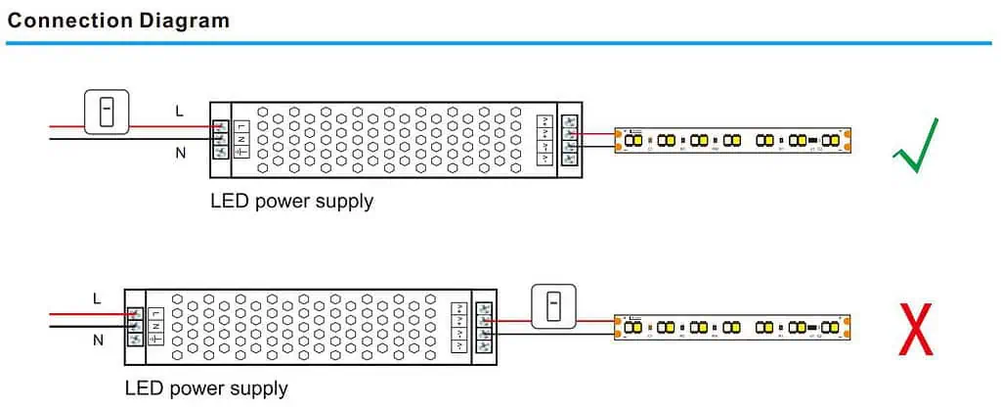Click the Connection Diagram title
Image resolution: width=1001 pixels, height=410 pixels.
[x=118, y=20]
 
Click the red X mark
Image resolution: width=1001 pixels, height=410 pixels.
[x=915, y=329]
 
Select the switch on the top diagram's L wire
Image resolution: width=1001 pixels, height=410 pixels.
[x=107, y=112]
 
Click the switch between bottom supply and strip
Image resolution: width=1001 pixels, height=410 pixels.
[x=553, y=305]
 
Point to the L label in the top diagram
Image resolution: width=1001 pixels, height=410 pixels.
[x=179, y=112]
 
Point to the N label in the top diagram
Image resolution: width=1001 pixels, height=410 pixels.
[x=179, y=152]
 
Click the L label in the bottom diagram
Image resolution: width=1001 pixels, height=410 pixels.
[x=97, y=297]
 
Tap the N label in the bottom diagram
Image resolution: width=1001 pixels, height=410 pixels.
[x=97, y=341]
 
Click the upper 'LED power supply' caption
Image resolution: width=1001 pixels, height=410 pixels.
[x=291, y=202]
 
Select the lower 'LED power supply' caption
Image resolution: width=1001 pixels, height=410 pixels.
[x=206, y=388]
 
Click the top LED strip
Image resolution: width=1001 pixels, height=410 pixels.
[x=733, y=140]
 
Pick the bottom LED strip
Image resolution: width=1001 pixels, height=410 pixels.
[x=733, y=327]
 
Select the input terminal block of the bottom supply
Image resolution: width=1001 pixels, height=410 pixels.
[x=135, y=326]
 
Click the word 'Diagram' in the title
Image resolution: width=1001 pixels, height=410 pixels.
[x=187, y=20]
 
